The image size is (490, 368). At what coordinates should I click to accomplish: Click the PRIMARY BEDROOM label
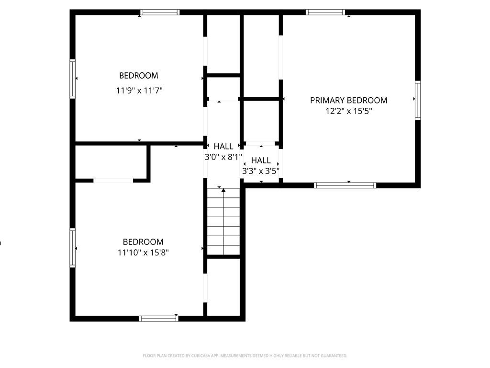(348, 100)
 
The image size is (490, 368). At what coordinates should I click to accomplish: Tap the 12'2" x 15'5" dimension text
(348, 111)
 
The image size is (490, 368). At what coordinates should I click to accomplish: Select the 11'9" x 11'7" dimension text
(139, 90)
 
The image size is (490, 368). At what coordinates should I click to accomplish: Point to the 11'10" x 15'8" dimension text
(143, 253)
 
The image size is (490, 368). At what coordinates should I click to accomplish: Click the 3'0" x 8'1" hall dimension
(223, 156)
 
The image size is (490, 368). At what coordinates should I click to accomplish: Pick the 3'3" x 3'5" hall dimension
(261, 170)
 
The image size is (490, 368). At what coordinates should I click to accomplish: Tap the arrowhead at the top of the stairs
(223, 190)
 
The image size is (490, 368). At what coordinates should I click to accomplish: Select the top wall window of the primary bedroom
(325, 12)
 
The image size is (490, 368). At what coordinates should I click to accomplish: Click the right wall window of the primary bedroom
(418, 100)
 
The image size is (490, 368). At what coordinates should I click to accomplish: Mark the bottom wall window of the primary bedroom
(345, 185)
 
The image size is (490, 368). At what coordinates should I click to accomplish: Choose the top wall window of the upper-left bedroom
(160, 12)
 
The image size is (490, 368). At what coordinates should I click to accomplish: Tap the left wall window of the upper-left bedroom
(73, 79)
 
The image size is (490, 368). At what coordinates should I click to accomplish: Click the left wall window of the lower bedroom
(73, 247)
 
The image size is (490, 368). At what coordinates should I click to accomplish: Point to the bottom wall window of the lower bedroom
(158, 318)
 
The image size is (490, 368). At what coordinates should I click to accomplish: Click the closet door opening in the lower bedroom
(113, 181)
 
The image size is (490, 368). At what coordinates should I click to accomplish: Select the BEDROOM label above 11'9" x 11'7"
(138, 76)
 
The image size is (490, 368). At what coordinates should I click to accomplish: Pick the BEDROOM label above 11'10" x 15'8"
(143, 242)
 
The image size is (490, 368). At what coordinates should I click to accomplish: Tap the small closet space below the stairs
(223, 287)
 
